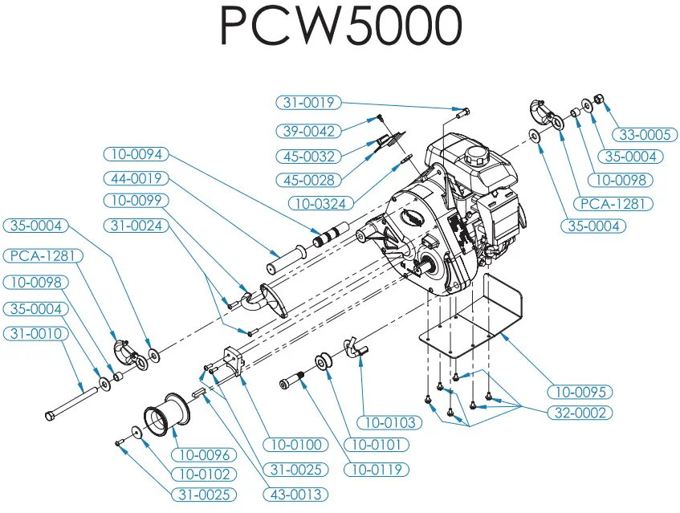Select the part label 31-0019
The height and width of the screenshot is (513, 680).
tap(309, 103)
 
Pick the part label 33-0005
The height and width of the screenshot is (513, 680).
tap(642, 134)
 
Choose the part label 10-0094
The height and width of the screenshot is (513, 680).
tap(134, 153)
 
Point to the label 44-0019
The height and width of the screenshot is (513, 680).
tap(134, 177)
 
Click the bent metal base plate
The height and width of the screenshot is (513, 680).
tap(482, 317)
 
